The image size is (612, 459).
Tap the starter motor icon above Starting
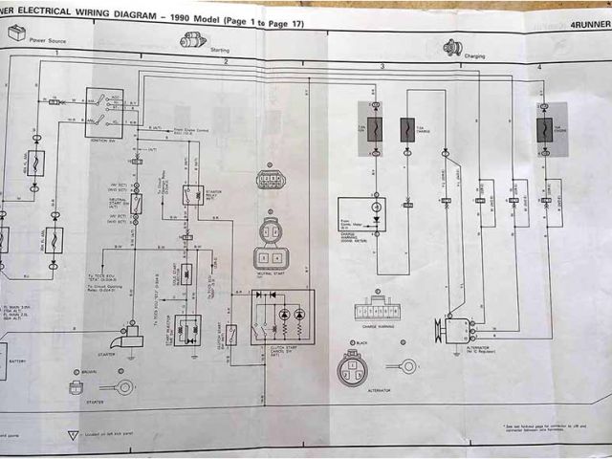(194, 39)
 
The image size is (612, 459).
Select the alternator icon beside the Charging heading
(452, 47)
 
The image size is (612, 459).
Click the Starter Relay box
(194, 195)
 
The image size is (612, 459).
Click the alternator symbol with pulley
(455, 330)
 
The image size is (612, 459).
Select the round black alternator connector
(351, 367)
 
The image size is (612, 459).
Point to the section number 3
(382, 66)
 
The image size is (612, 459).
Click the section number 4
(539, 66)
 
